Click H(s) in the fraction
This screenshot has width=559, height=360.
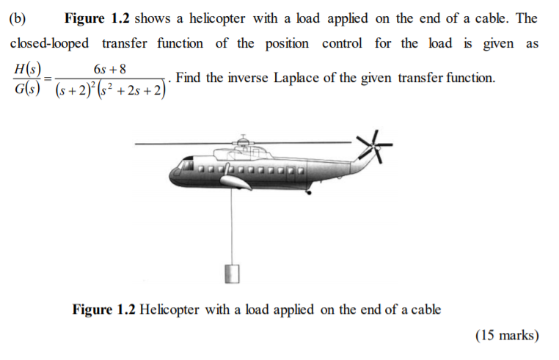(27, 70)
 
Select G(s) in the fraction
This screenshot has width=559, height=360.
(27, 92)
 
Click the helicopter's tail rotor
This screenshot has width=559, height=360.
(373, 147)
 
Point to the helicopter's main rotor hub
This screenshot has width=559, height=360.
(242, 140)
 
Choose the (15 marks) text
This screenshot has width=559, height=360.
(506, 336)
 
